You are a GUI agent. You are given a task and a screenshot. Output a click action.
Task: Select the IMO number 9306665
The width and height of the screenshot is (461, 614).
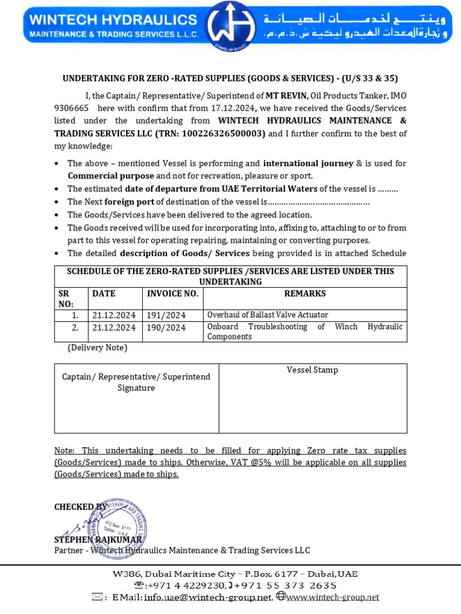point(71,108)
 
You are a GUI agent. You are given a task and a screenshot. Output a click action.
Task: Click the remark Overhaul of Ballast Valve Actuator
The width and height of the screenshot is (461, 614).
point(268,315)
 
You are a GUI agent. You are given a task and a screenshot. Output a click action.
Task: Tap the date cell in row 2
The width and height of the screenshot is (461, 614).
point(114,327)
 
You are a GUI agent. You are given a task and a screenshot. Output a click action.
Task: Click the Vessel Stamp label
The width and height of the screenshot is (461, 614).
point(312,370)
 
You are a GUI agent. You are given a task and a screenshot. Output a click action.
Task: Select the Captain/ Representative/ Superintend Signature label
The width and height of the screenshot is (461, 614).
point(136,382)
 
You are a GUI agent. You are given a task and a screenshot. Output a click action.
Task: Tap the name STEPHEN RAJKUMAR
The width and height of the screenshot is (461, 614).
point(98,540)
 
